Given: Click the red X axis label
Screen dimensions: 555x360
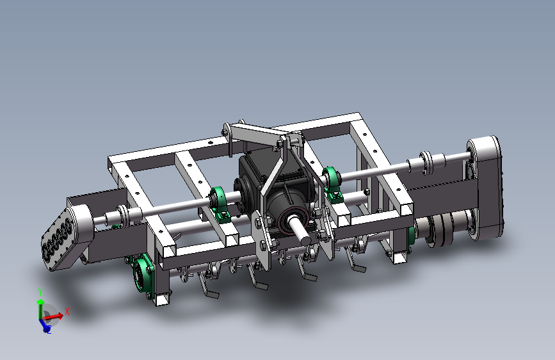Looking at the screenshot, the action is pyautogui.click(x=67, y=311).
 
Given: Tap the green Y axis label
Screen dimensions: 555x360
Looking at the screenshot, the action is pyautogui.click(x=40, y=292).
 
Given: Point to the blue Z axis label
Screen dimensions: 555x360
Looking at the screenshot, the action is pyautogui.click(x=49, y=331).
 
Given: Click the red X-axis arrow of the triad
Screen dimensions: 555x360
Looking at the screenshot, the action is pyautogui.click(x=53, y=316).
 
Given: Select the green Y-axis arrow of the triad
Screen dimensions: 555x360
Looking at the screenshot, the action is pyautogui.click(x=40, y=309).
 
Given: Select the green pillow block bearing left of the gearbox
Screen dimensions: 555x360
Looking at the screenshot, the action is pyautogui.click(x=219, y=204).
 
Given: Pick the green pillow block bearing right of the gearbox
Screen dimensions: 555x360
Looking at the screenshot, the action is pyautogui.click(x=332, y=184).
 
